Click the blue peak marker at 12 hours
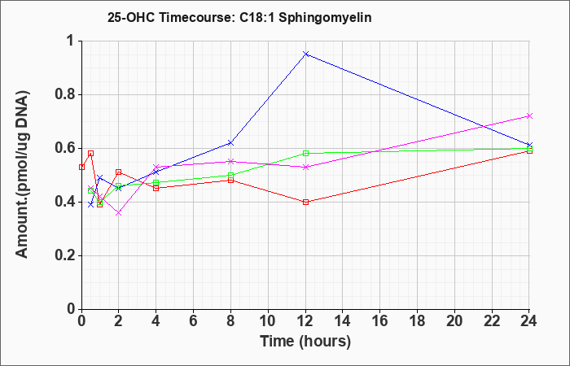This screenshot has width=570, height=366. tap(305, 54)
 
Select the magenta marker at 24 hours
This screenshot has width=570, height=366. tap(529, 115)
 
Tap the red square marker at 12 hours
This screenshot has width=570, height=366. tap(305, 202)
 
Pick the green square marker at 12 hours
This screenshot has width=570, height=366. tap(305, 153)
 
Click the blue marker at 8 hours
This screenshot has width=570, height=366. tap(230, 142)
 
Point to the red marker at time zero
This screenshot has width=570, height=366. tap(81, 167)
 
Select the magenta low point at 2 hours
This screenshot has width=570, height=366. tap(119, 213)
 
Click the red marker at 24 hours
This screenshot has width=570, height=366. tap(529, 150)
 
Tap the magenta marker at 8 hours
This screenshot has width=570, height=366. tap(230, 161)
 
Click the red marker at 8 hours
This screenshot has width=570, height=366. tap(230, 180)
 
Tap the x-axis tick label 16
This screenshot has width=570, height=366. tap(380, 321)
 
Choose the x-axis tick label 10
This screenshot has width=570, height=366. tap(268, 321)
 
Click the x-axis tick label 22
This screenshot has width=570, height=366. tap(492, 321)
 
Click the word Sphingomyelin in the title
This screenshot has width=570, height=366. tap(325, 18)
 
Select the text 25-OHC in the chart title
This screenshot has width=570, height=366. tap(131, 17)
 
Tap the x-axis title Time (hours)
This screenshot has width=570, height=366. tap(305, 342)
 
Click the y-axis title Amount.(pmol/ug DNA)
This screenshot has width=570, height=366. tap(22, 174)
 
